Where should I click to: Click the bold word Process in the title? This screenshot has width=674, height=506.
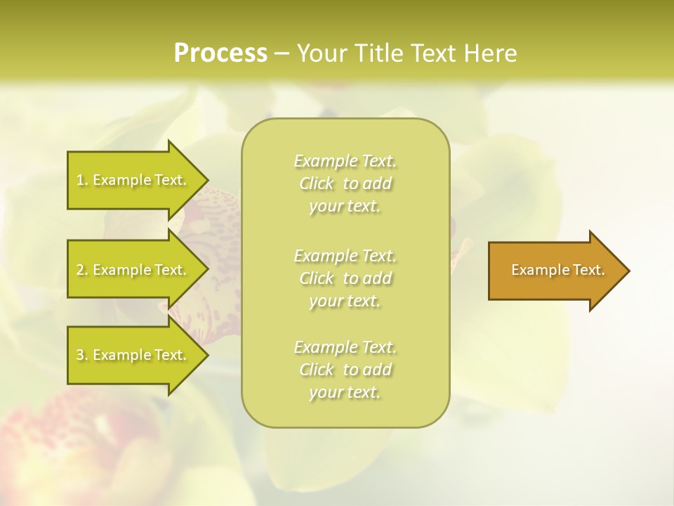(x=220, y=53)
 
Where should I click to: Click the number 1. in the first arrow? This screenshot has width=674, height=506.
(x=81, y=180)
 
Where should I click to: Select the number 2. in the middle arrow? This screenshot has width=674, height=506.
(x=81, y=270)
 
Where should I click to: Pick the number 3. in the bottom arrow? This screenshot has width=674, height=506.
(x=81, y=355)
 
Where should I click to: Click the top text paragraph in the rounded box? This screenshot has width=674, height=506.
(x=345, y=183)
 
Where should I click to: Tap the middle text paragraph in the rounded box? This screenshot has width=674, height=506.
(x=345, y=278)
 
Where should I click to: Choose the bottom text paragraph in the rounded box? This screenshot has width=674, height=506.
(x=345, y=370)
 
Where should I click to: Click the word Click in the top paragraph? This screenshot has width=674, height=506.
(x=318, y=184)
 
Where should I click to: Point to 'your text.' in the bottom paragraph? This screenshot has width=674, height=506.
(x=345, y=392)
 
